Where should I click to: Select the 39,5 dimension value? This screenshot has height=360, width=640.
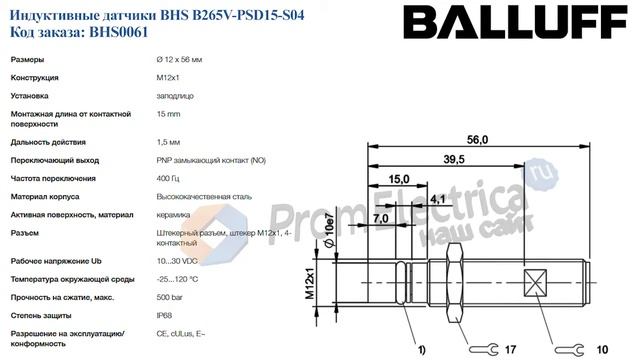(x=455, y=160)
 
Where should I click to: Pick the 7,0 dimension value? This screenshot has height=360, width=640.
(x=381, y=218)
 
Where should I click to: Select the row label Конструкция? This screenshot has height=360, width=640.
(x=35, y=78)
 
